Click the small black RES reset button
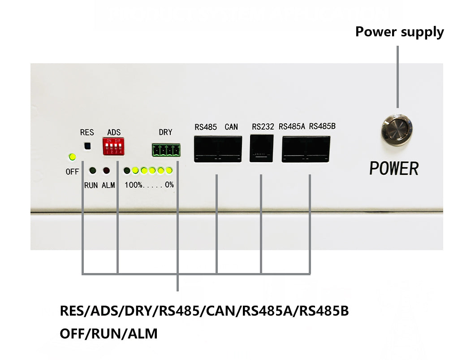87,146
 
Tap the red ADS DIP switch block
114,146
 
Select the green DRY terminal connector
166,150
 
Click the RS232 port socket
261,148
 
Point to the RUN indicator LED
93,171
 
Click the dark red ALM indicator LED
106,171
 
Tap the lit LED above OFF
72,157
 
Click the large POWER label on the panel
394,169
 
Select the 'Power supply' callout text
400,32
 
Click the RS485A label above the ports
292,126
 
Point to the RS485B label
322,126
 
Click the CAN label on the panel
231,127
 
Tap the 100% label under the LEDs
133,185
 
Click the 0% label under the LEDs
169,185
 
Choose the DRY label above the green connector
165,132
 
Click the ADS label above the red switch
114,132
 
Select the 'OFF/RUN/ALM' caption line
109,334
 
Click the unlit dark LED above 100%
127,171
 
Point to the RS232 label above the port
263,127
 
